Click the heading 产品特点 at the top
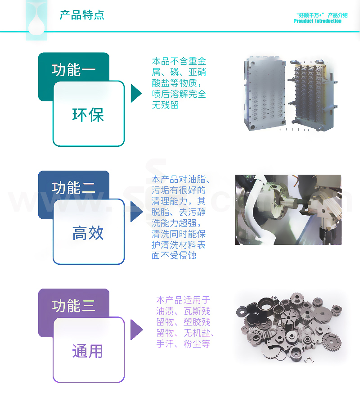point(82,15)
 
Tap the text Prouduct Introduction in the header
point(318,21)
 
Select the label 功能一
point(74,70)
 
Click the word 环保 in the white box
point(88,115)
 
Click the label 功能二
point(74,188)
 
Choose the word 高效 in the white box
point(88,233)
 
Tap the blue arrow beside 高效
point(136,211)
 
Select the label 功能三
point(74,306)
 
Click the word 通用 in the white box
point(88,351)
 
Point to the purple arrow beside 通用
point(136,330)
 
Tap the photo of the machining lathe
point(288,209)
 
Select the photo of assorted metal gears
point(288,328)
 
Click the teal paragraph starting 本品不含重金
point(179,83)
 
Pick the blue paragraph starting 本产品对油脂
point(179,217)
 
